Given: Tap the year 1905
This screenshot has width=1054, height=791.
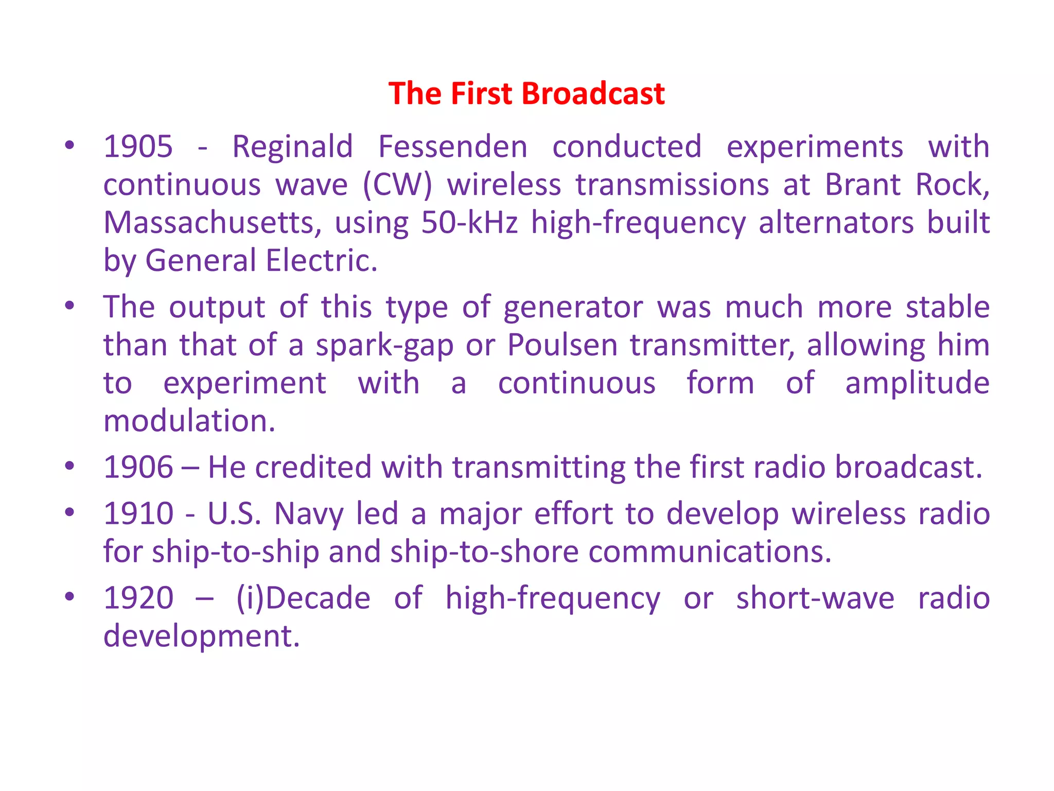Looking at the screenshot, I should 138,147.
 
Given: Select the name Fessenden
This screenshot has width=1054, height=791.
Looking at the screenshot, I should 453,147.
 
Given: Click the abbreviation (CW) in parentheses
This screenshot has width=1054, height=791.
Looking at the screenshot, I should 397,185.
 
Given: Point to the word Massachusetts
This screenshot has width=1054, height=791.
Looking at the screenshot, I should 213,223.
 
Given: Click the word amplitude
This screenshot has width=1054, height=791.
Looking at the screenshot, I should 917,384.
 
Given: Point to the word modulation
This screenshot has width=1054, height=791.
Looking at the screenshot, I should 189,421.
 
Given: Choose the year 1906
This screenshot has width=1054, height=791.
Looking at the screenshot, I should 138,468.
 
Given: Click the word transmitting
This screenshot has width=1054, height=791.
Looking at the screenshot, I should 539,468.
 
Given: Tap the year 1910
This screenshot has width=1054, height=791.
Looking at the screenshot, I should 138,514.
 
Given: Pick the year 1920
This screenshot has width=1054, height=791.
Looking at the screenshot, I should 138,598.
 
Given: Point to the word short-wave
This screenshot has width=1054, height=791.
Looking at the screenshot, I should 815,598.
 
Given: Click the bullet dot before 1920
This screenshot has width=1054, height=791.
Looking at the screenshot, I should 69,597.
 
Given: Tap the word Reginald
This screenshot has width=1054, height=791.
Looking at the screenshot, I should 292,147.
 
